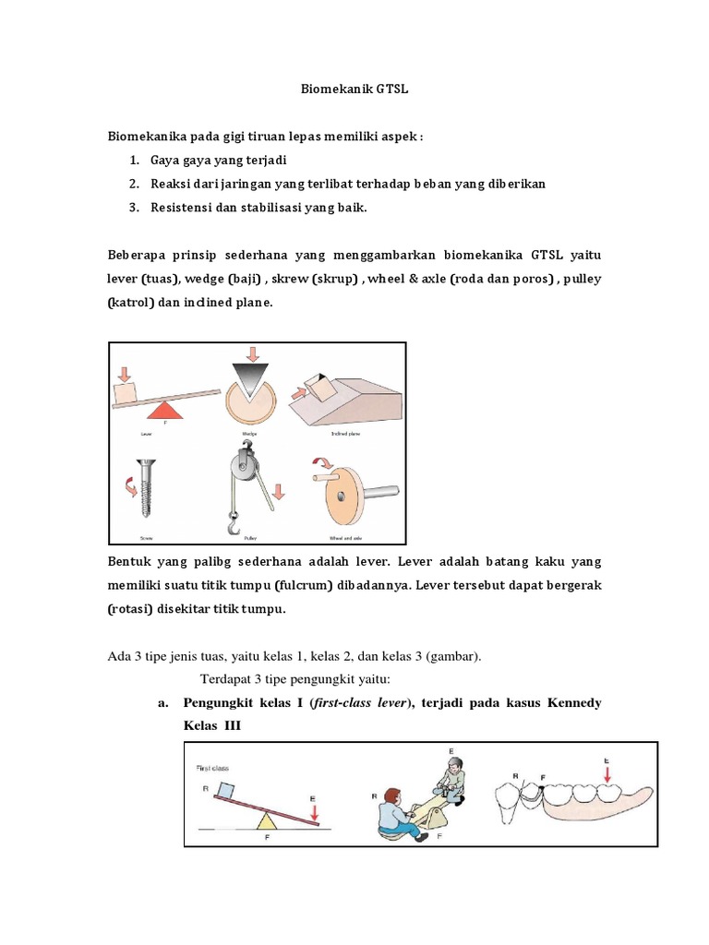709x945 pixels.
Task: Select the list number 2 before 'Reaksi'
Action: (x=134, y=184)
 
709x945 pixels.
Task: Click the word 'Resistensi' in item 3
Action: (x=182, y=208)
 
